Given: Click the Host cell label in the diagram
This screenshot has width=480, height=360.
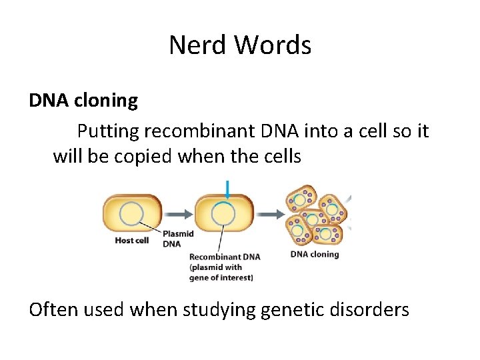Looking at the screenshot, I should tap(131, 241).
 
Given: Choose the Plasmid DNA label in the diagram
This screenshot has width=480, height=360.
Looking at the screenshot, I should tap(177, 239).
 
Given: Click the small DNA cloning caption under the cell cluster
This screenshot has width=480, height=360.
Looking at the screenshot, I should tap(315, 254).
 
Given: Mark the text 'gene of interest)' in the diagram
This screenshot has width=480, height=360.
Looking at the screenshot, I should tap(221, 277).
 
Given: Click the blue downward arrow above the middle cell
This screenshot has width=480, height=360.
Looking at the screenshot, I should tap(227, 189).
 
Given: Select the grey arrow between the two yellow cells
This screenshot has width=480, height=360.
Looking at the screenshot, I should tap(177, 214).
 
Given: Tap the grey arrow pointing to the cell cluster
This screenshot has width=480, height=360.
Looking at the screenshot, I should tap(270, 214).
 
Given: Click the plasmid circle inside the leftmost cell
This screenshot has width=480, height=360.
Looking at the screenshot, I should tap(131, 214).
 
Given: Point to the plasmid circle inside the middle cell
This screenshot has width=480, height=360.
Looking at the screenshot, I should tap(223, 214).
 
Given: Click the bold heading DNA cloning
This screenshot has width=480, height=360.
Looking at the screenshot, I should tap(83, 101).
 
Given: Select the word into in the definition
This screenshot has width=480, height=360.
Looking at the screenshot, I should tap(317, 131).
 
